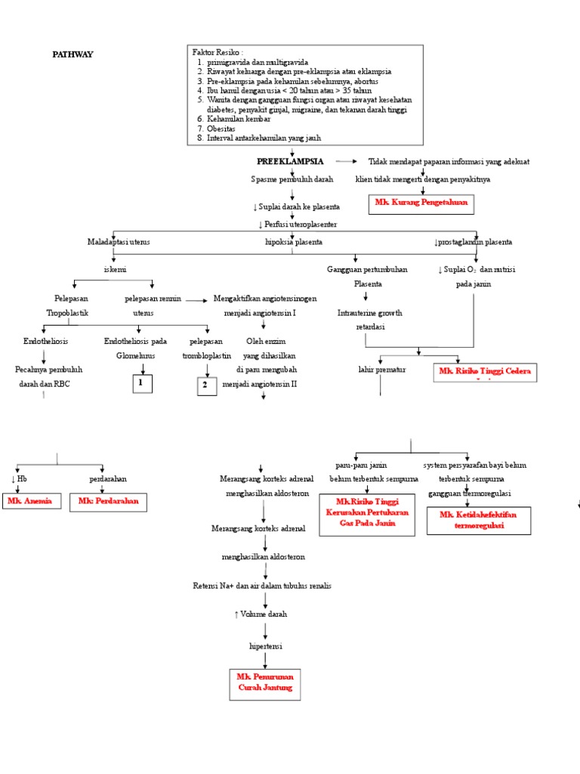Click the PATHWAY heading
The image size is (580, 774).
point(72,54)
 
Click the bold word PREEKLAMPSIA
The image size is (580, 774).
point(290,162)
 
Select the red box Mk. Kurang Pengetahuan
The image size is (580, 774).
point(421,203)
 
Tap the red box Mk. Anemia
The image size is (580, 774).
point(30,501)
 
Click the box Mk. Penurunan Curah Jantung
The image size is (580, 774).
point(264,682)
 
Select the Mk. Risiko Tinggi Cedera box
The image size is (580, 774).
point(485,371)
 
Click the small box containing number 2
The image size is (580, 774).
point(203,385)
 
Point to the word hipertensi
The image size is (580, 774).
point(264,646)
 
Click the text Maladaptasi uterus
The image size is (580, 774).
point(119,242)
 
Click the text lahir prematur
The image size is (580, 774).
point(382,370)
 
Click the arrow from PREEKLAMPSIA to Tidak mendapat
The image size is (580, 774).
point(347,162)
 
